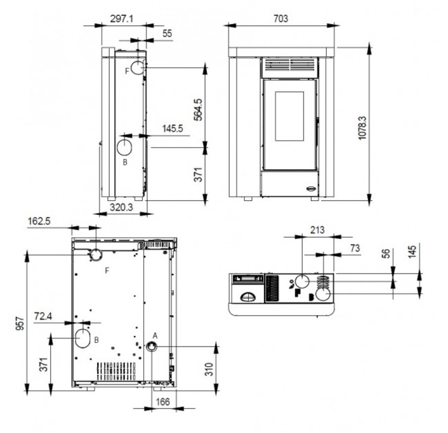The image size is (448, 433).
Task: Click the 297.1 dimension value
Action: [122, 19]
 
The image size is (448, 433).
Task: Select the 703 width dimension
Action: [281, 18]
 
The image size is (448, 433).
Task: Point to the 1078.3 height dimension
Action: [362, 128]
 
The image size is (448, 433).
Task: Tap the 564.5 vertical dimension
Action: [197, 110]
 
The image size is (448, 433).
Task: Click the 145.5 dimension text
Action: [172, 129]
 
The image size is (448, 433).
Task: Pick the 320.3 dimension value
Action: [121, 207]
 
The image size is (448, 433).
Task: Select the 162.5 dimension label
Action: [39, 221]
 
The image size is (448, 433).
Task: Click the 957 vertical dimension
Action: [20, 323]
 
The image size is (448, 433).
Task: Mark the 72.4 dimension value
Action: [43, 316]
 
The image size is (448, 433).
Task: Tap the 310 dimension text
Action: [209, 369]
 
